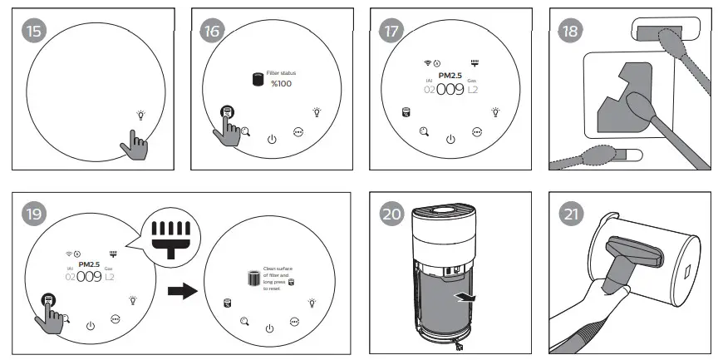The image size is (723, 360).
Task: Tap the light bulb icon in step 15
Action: click(140, 115)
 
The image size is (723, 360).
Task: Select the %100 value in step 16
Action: click(279, 85)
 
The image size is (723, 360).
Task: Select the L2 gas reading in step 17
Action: click(473, 89)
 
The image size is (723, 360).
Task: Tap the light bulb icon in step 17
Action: click(496, 111)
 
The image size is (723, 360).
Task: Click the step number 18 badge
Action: click(569, 31)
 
